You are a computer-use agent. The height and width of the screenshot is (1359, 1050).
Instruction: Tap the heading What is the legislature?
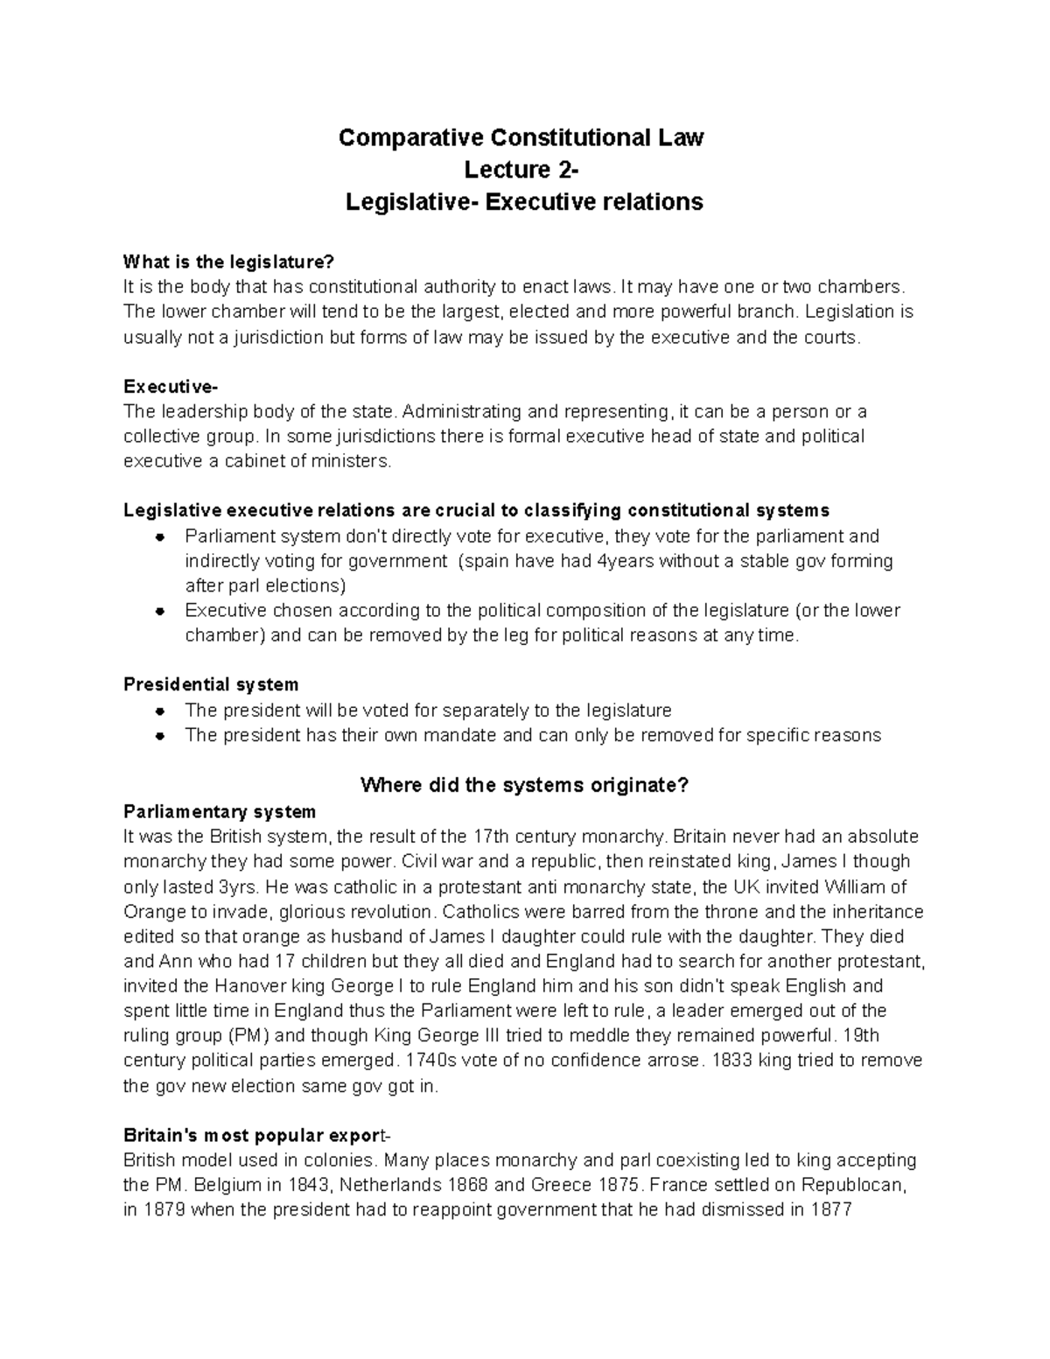point(229,262)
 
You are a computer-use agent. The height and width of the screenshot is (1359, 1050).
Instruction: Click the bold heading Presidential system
point(211,684)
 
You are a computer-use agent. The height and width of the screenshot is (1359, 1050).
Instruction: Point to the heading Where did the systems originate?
point(524,785)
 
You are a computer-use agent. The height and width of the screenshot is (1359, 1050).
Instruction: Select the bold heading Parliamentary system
point(220,811)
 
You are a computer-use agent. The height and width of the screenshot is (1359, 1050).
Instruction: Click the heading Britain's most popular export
point(254,1137)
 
